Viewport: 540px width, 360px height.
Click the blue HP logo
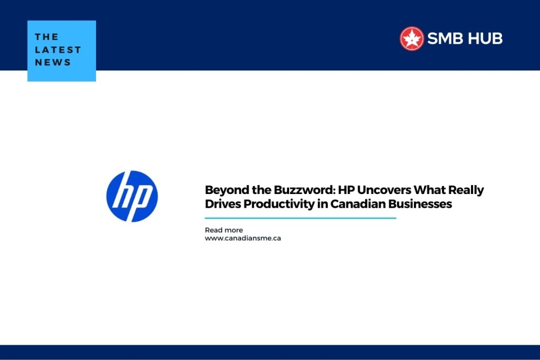point(132,196)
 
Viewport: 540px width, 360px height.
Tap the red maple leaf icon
point(411,38)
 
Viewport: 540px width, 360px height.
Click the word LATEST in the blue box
point(58,50)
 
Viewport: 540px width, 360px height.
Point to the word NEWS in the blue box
point(53,62)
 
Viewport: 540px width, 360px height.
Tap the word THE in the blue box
point(46,37)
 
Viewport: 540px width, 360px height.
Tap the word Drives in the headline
point(223,204)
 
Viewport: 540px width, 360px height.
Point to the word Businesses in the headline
point(420,204)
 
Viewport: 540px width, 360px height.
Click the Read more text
point(224,230)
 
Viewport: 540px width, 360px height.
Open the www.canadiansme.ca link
point(243,238)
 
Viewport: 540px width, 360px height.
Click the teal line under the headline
point(300,218)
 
